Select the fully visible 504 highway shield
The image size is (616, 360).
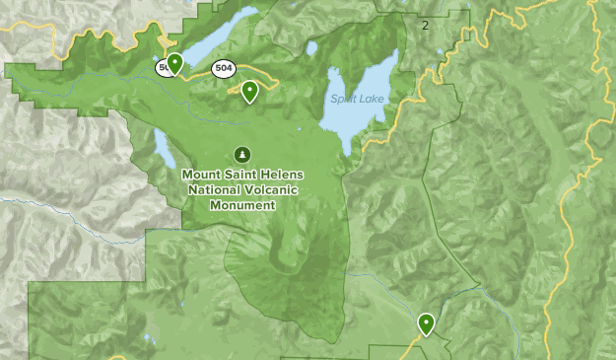point(224,68)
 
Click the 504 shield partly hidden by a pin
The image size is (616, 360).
point(163,68)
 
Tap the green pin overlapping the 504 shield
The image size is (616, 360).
point(174,64)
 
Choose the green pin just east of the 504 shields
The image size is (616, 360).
point(250,92)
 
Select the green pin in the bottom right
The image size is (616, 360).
point(427,323)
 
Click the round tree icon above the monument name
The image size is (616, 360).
point(242,154)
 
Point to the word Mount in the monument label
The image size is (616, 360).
point(202,175)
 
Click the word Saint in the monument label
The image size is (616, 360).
point(242,175)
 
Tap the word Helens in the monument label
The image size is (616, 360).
point(283,175)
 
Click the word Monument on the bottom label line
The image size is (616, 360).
point(242,204)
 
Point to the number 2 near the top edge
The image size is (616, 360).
point(425,25)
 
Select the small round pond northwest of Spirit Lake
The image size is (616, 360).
point(311,47)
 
